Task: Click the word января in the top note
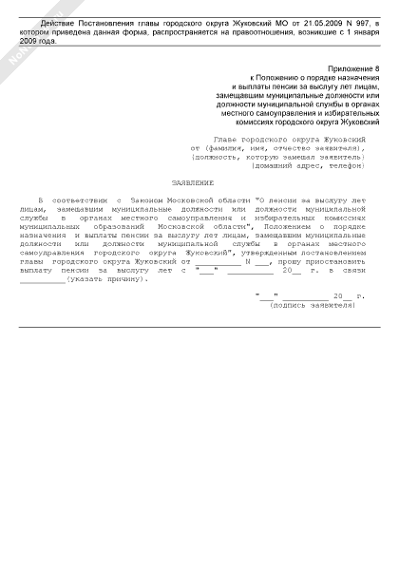coord(365,31)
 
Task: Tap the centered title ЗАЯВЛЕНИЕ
coord(192,181)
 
